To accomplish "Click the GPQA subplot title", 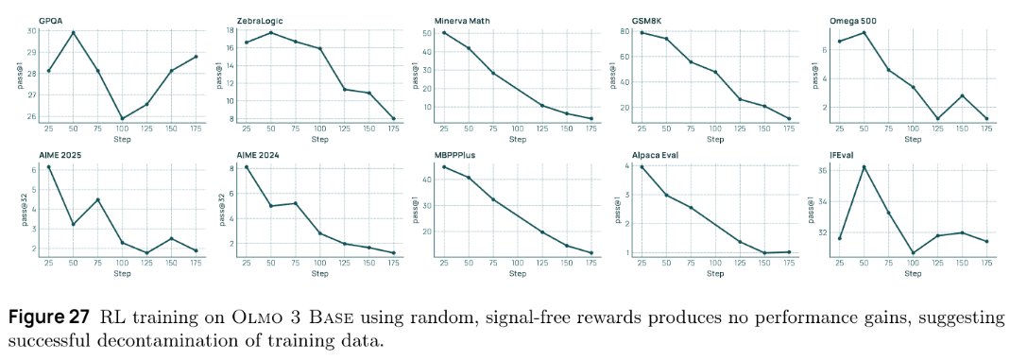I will point(50,20).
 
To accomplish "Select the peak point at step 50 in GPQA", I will point(73,33).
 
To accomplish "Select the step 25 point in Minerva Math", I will point(444,33).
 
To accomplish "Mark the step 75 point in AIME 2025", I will point(97,199).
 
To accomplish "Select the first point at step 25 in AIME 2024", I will point(247,167).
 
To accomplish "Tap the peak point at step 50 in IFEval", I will point(863,167).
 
